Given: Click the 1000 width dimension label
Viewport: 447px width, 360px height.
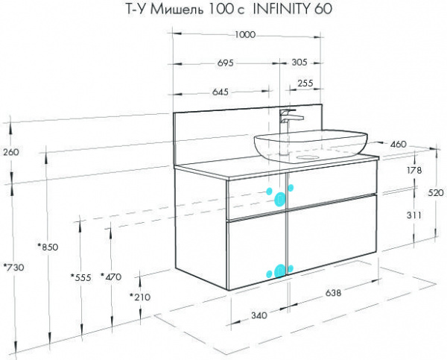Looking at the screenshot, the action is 245,35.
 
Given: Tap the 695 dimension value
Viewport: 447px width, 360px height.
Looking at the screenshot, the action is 225,63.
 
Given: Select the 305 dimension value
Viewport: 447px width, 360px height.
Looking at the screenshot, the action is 299,62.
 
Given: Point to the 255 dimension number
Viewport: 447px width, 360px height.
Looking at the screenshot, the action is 305,83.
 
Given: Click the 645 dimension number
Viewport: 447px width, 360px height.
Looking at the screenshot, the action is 221,92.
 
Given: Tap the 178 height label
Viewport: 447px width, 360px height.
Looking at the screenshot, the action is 414,171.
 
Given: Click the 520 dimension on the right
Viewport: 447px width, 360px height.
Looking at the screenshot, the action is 436,193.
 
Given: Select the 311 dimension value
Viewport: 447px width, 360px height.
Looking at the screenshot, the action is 413,215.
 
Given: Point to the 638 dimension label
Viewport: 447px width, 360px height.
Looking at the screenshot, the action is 333,293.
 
